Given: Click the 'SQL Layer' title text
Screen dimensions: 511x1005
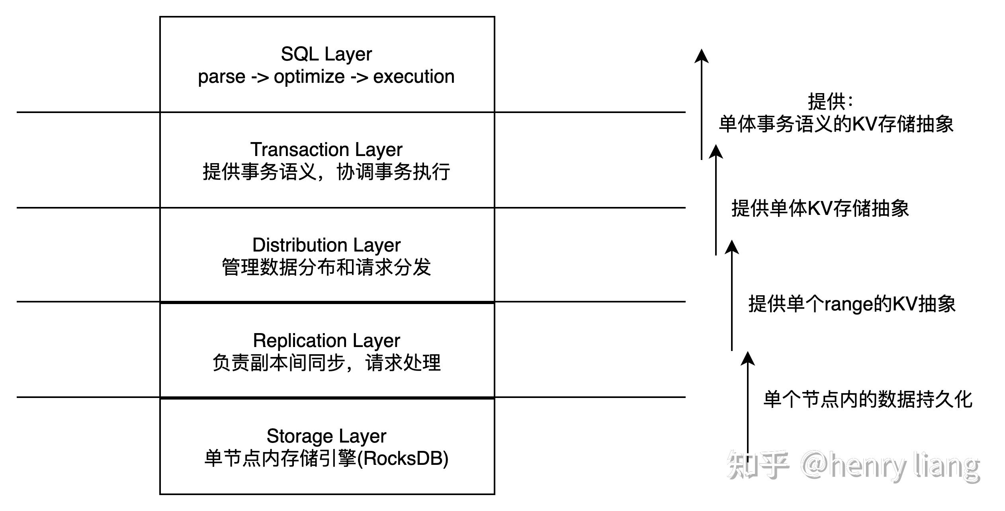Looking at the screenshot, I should [326, 54].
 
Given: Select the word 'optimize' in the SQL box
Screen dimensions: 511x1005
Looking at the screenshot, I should [309, 76].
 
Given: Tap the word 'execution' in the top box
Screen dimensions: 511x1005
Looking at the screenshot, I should [414, 76].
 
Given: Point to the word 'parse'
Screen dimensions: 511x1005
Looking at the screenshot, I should [221, 76].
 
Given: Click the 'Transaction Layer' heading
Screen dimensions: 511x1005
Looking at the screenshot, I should [326, 150].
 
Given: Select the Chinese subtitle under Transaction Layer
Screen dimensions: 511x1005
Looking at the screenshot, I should [326, 172].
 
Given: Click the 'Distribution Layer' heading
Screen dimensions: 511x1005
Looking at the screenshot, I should [326, 245].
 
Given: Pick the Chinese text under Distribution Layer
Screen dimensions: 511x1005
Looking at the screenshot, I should [326, 267].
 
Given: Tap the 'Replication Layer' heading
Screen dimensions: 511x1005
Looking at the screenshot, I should [326, 341].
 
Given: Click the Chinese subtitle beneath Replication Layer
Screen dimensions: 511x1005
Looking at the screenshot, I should [326, 363].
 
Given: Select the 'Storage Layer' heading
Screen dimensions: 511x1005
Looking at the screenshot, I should [326, 436].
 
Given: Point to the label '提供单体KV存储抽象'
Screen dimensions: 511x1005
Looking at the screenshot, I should [820, 208].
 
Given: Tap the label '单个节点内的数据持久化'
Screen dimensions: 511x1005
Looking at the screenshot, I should [868, 399].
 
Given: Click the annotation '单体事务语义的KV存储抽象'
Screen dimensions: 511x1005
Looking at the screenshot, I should [836, 124].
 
